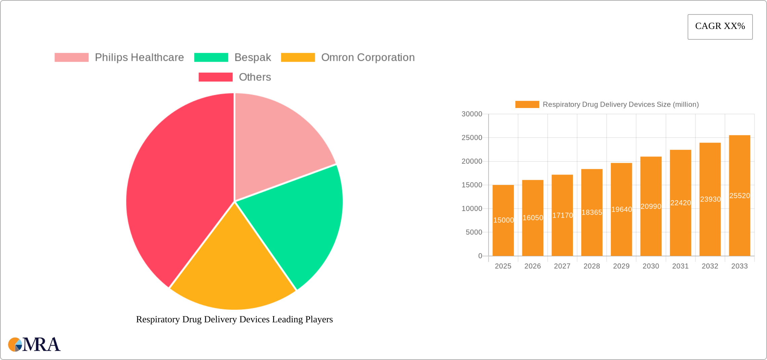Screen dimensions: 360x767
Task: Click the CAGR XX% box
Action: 720,27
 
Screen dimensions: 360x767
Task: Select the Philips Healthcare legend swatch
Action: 71,58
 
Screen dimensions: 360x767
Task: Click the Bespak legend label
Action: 253,58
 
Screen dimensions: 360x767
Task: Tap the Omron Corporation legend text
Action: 368,58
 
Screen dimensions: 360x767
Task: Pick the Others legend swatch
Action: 215,77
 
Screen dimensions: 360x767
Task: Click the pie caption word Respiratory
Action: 158,319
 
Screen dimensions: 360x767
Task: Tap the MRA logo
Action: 34,345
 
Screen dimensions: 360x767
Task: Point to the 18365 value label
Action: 592,213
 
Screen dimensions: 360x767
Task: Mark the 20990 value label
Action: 651,207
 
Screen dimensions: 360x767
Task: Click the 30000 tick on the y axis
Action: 472,114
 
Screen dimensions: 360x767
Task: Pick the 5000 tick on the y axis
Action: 474,232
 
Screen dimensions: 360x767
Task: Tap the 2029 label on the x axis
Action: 621,266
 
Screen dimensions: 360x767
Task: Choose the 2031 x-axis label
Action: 680,266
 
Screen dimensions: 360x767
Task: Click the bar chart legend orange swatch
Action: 527,105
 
